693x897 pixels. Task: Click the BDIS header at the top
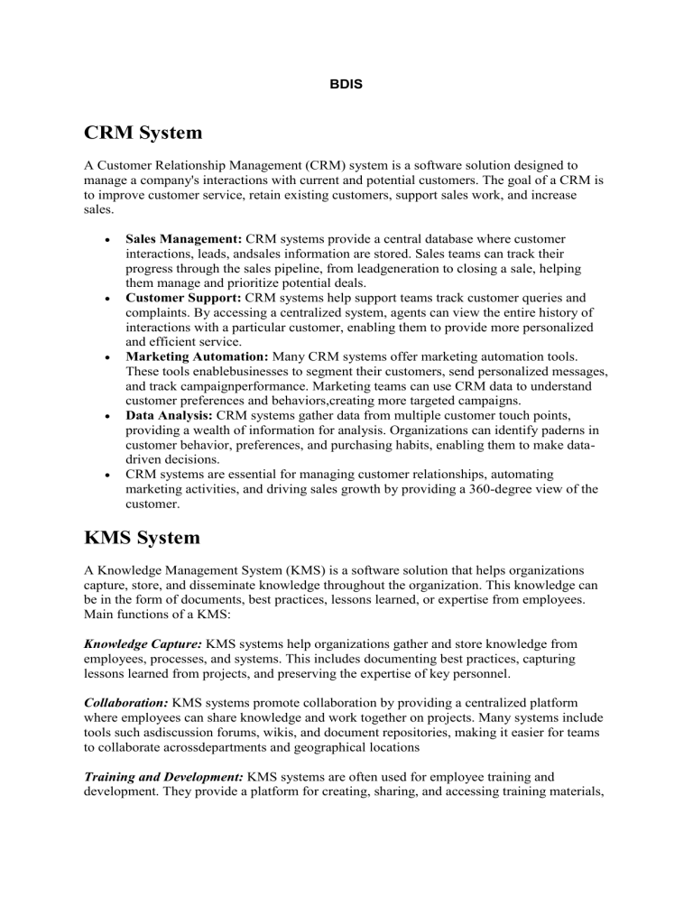click(x=346, y=66)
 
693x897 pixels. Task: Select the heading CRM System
click(x=139, y=133)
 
